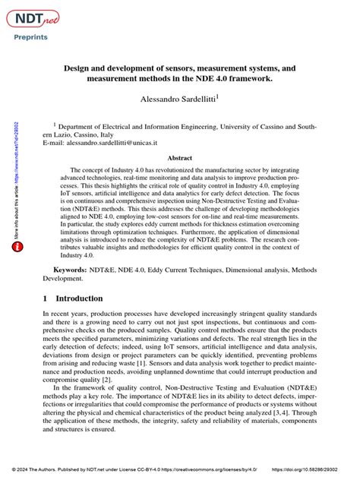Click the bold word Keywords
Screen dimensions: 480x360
coord(69,270)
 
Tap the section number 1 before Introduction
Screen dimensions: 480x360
coord(46,298)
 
